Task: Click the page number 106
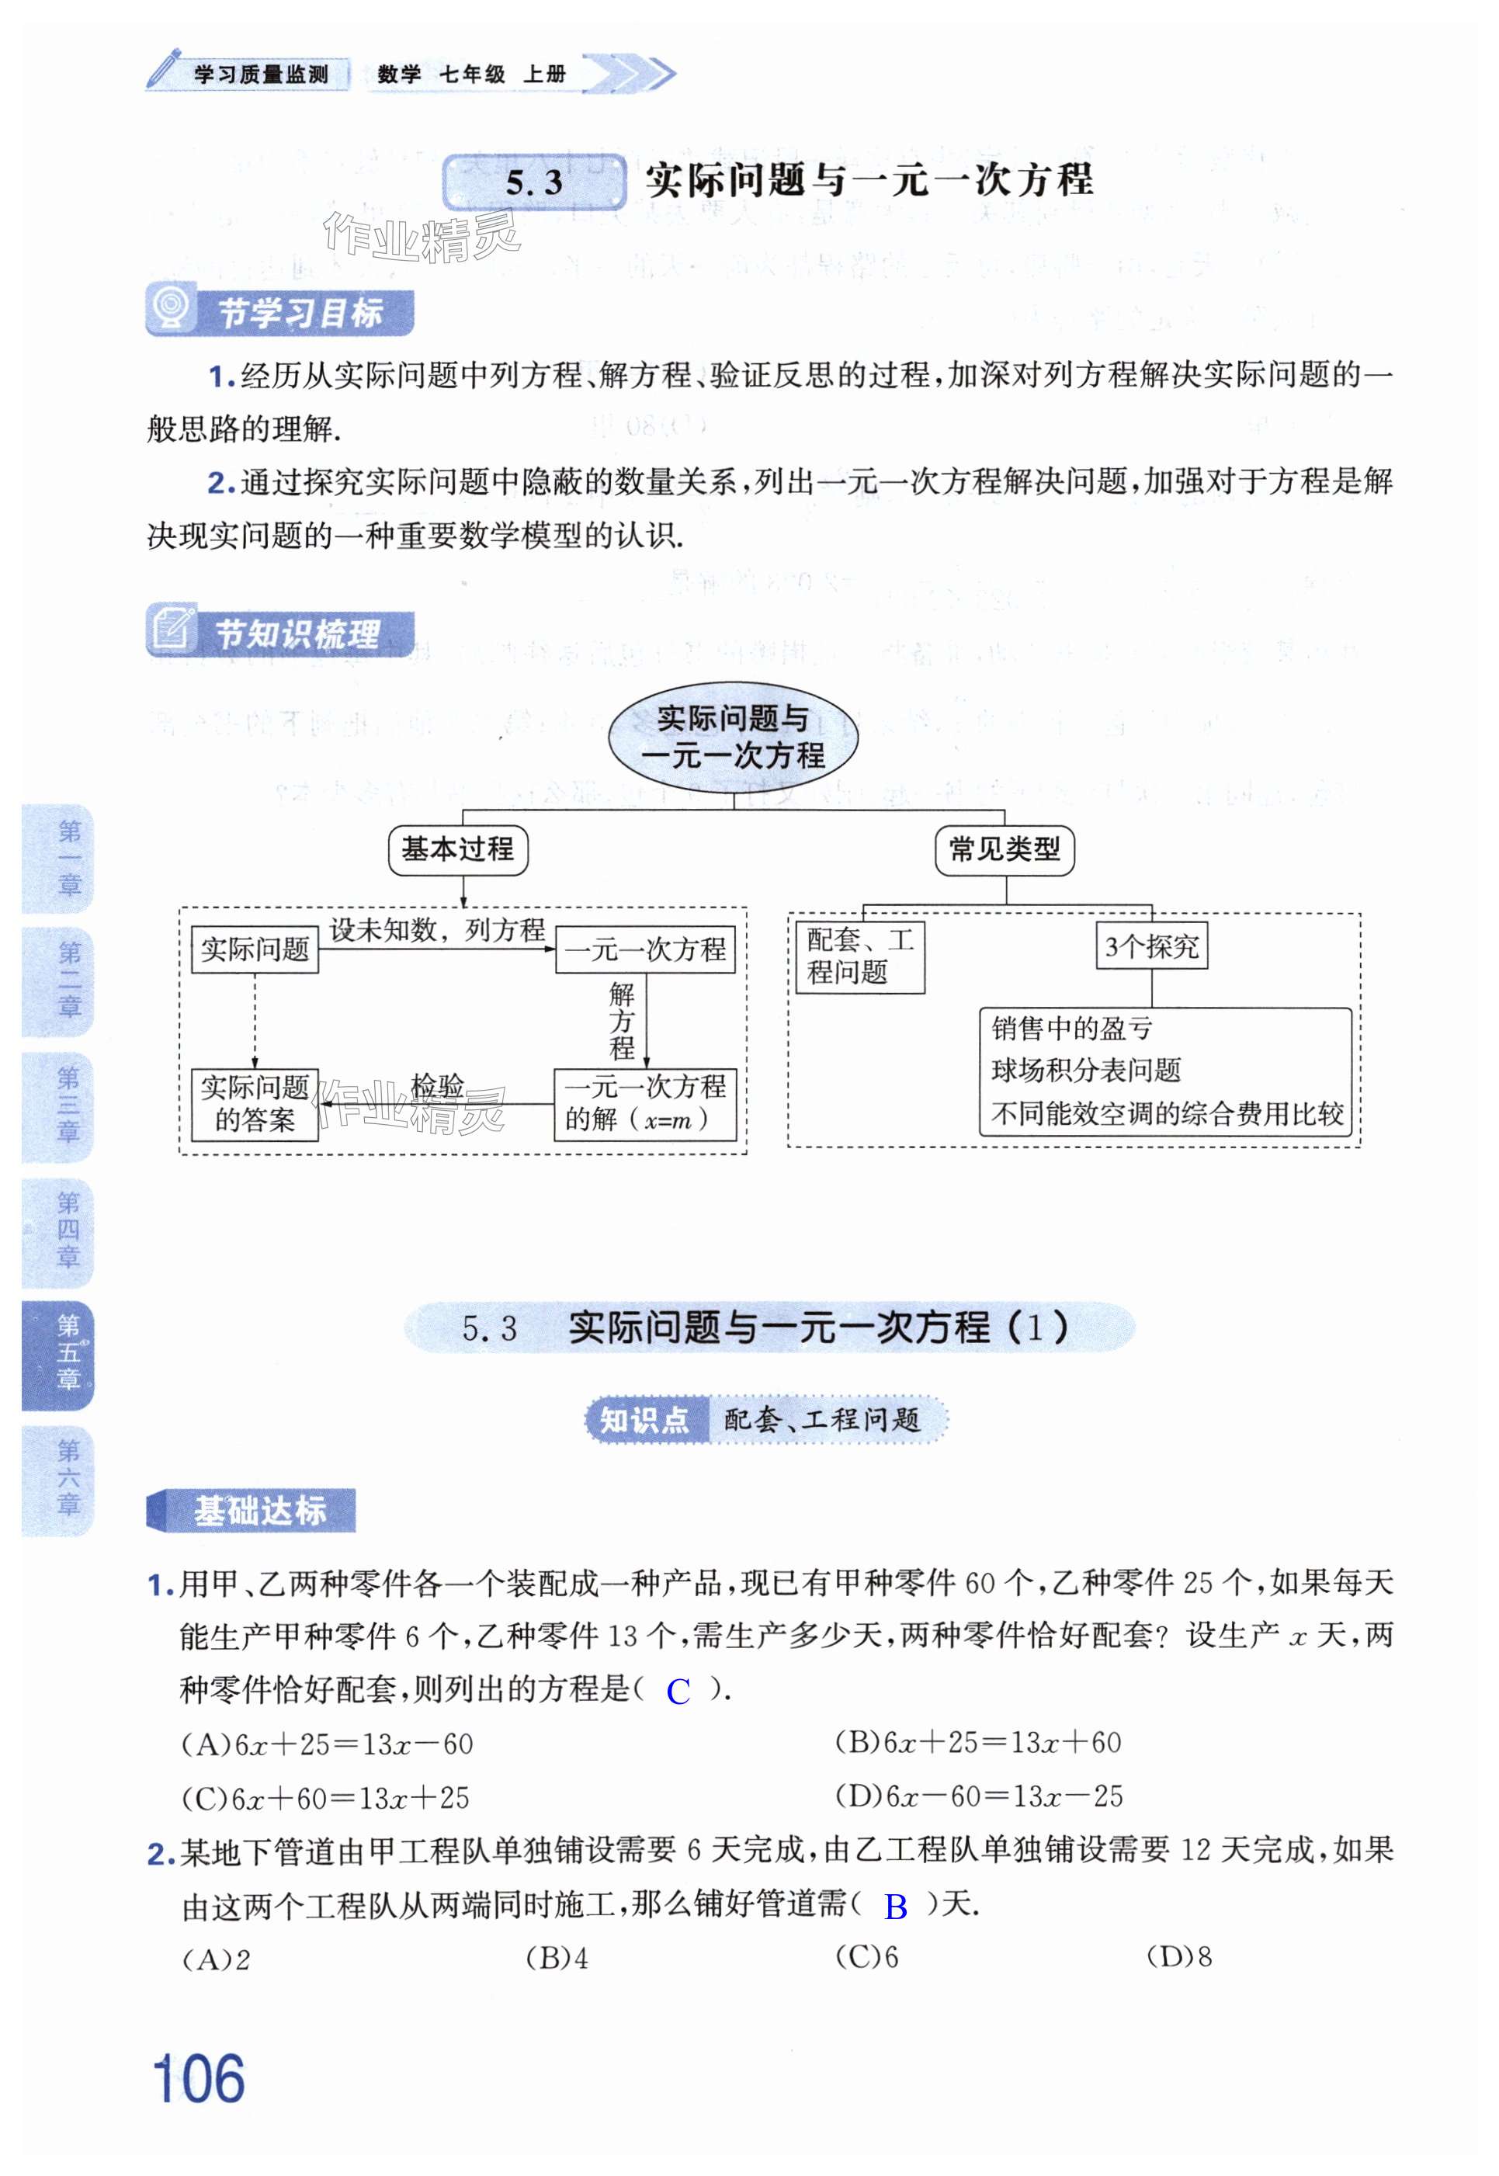tap(198, 2077)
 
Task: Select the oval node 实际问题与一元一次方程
tap(733, 737)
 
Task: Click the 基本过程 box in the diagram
tap(457, 850)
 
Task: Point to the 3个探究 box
tap(1151, 946)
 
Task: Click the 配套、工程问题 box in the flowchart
tap(859, 956)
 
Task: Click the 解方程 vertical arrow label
tap(622, 1021)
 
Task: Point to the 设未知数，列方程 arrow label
tap(437, 930)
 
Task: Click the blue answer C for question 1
tap(678, 1692)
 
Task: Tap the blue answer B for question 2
tap(895, 1907)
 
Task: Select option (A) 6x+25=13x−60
tap(327, 1745)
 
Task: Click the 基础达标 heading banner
tap(252, 1510)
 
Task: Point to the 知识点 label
tap(644, 1419)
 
